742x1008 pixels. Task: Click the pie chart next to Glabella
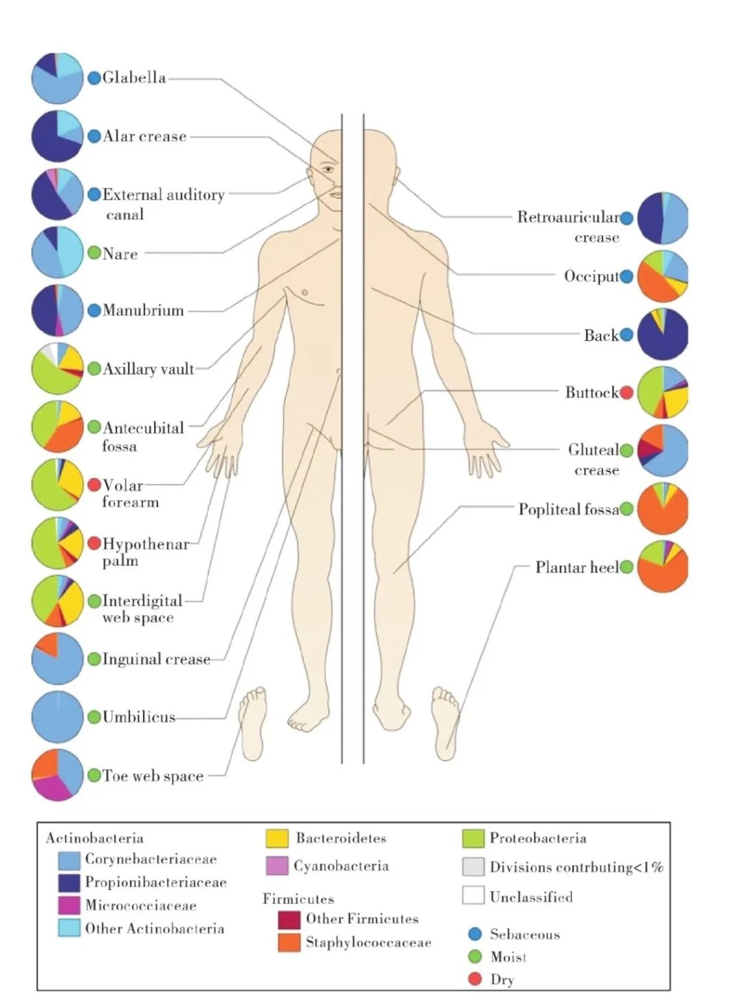point(57,78)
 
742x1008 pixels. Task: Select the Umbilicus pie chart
point(57,717)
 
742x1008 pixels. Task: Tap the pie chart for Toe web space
point(57,775)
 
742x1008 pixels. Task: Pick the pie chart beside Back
point(662,335)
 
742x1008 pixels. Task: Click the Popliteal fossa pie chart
point(662,509)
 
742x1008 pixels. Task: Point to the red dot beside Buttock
point(626,392)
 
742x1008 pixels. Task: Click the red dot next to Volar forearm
point(94,485)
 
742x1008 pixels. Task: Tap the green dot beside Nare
point(94,253)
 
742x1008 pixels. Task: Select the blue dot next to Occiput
point(626,276)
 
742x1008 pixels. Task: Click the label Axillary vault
point(148,369)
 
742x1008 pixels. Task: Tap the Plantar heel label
point(576,568)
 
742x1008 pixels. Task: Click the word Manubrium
point(143,311)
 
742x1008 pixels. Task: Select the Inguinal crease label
point(156,660)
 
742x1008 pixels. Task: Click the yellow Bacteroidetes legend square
point(277,838)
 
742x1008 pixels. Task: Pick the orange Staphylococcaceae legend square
point(289,942)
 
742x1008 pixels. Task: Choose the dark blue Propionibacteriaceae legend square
point(69,882)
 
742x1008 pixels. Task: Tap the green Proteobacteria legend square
point(473,838)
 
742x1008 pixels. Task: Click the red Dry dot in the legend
point(475,979)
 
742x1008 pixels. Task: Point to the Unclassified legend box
point(473,895)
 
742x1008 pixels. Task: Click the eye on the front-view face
point(328,169)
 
